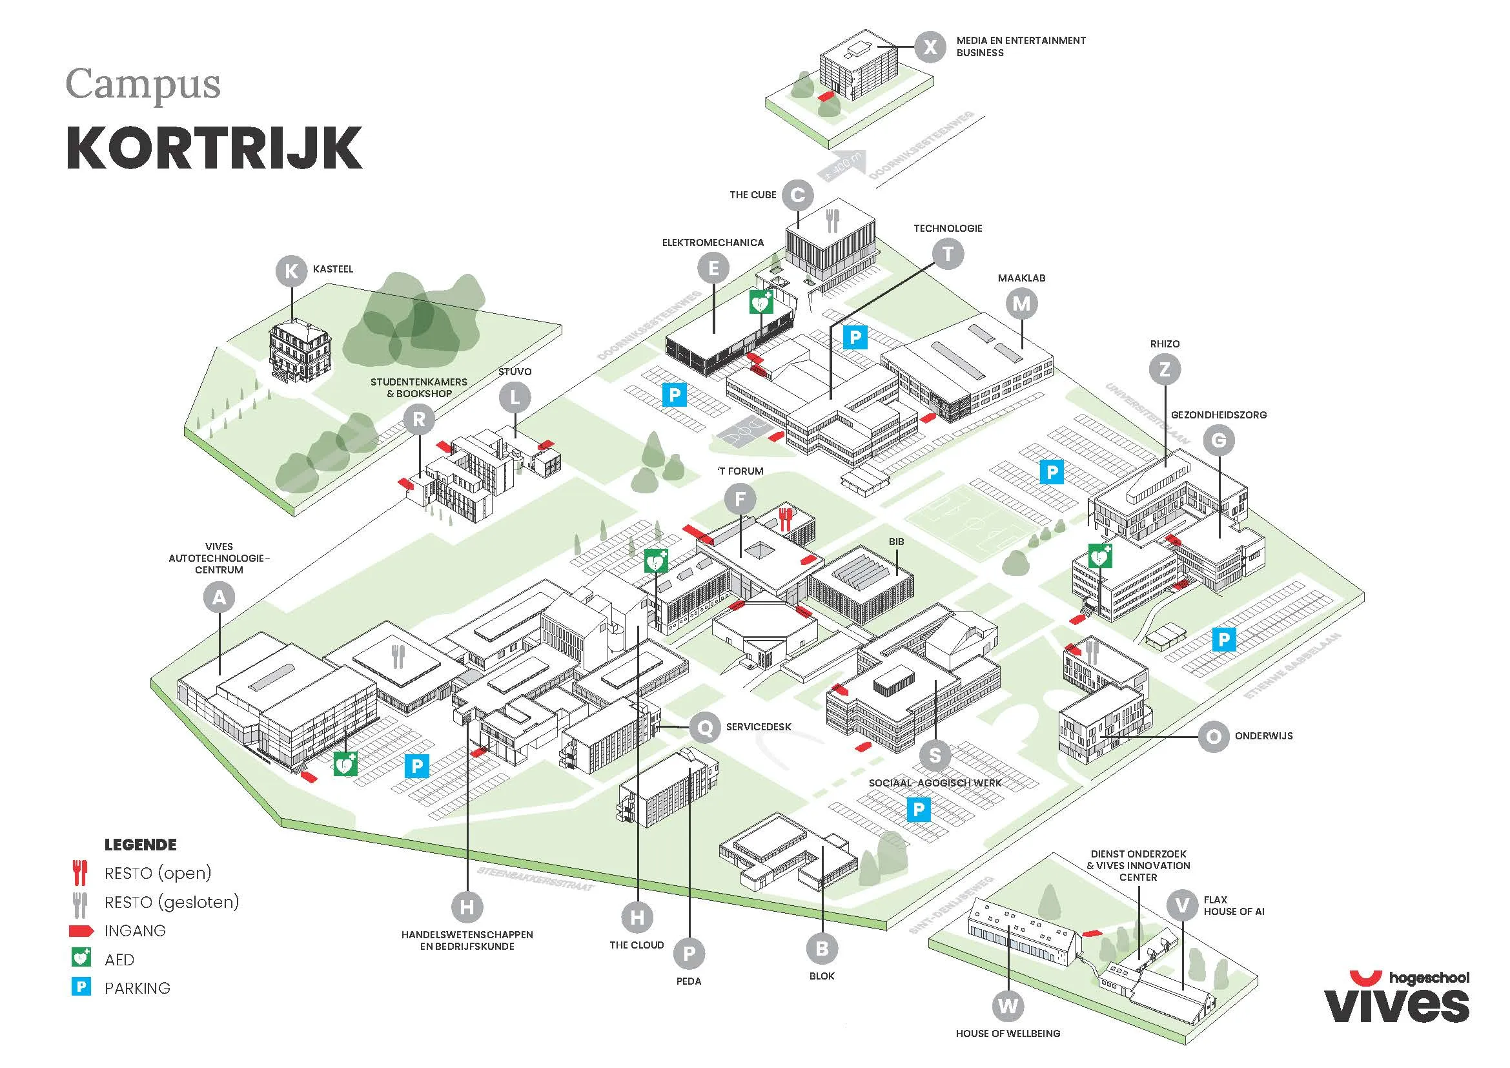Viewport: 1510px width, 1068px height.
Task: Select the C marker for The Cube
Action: (x=798, y=195)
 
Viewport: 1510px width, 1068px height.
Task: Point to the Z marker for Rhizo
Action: (x=1165, y=369)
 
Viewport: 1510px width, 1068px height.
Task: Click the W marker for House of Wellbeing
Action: (x=1008, y=1005)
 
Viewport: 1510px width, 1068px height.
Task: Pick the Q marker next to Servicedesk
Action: (x=704, y=727)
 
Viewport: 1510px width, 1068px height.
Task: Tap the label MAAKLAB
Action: (x=1021, y=278)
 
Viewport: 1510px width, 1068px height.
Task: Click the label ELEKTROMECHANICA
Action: (x=712, y=243)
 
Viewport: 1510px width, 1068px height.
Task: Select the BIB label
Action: (x=896, y=541)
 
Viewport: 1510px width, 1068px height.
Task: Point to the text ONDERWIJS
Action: (x=1263, y=736)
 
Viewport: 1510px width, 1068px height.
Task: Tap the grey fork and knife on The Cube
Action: (x=832, y=220)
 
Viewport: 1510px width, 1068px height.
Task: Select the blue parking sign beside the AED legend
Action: (x=81, y=987)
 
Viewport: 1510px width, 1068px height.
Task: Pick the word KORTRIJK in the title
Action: (x=214, y=148)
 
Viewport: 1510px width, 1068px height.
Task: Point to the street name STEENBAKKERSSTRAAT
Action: (x=536, y=879)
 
